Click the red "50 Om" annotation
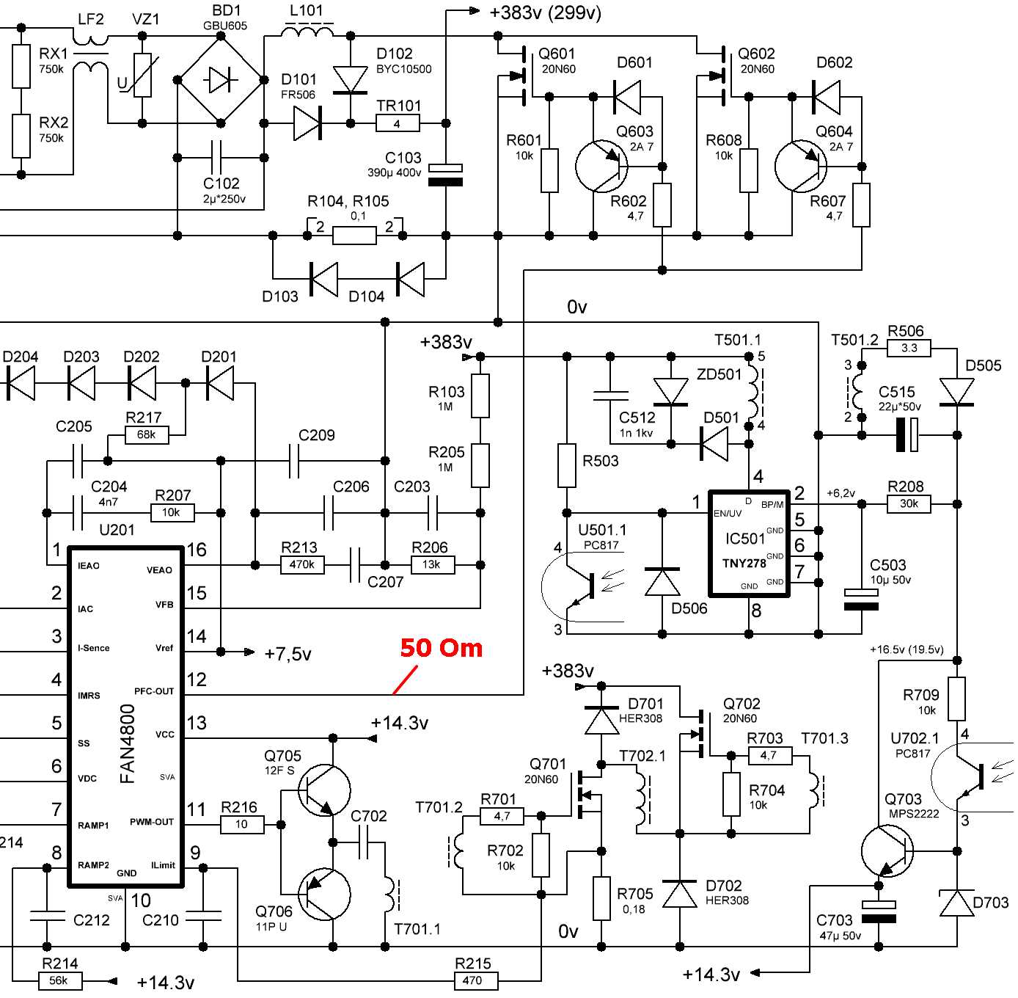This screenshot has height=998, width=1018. (441, 648)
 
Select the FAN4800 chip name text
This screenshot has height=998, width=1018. (128, 743)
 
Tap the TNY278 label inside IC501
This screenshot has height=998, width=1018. (744, 563)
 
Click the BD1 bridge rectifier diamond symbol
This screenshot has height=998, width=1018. (221, 80)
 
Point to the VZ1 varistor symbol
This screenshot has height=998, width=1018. (142, 76)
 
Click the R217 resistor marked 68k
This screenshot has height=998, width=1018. (147, 435)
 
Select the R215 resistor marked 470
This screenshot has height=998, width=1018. (473, 980)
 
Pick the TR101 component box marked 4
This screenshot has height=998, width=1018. (398, 123)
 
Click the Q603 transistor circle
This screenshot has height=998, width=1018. (601, 167)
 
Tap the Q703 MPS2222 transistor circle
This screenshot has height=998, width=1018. (887, 851)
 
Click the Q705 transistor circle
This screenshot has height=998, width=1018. (324, 790)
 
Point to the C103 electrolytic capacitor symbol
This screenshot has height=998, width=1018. (445, 174)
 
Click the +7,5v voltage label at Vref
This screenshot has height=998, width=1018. (288, 654)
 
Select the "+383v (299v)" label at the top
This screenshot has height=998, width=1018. (545, 12)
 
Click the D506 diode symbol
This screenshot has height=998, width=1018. (662, 581)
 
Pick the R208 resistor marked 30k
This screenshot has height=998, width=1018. (909, 504)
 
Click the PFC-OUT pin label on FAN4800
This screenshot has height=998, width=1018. (154, 691)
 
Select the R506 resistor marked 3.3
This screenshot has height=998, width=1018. (909, 348)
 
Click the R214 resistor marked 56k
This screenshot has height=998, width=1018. (59, 980)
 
